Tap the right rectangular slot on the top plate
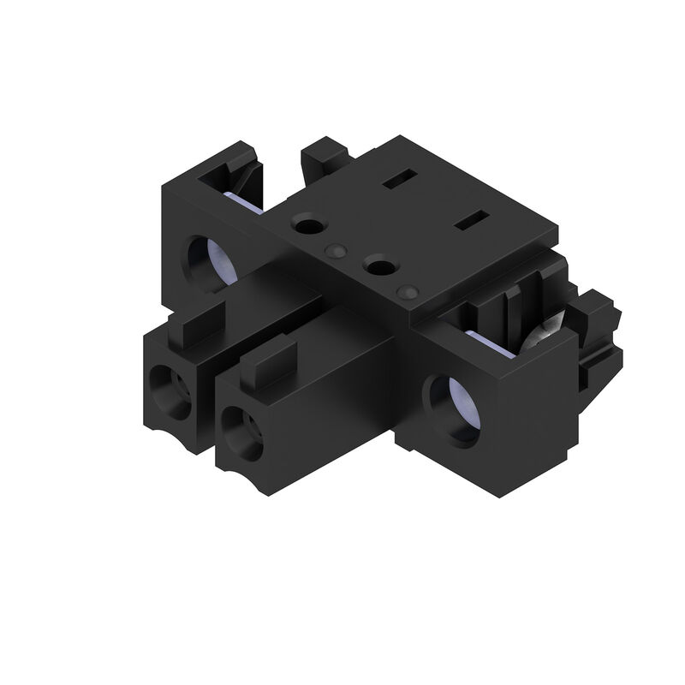(x=470, y=223)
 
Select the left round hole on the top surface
(x=307, y=226)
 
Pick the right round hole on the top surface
(x=378, y=267)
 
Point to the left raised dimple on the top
(x=336, y=250)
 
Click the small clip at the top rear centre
(x=326, y=156)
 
